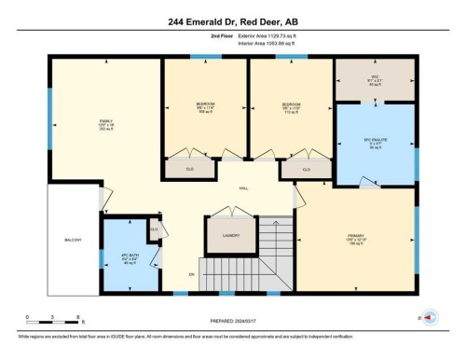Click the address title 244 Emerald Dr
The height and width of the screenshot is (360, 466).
click(233, 21)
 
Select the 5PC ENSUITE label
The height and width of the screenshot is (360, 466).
click(373, 142)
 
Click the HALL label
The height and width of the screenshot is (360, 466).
click(243, 187)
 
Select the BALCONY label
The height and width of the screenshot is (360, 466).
click(73, 240)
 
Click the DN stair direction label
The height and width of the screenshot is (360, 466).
click(191, 274)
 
